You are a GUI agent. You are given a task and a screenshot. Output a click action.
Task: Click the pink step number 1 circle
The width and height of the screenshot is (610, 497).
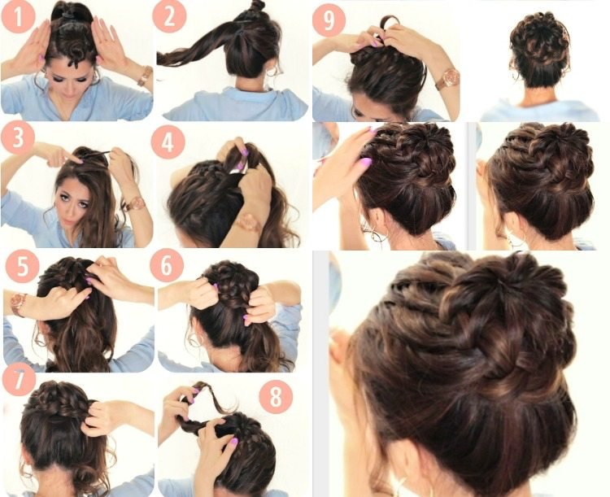(x=18, y=17)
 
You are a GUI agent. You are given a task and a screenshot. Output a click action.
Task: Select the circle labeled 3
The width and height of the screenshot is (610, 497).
(x=18, y=138)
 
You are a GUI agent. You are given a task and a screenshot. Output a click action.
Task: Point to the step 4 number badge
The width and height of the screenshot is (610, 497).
(x=168, y=142)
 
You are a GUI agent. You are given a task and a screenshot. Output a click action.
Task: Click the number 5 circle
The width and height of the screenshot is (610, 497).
(x=23, y=267)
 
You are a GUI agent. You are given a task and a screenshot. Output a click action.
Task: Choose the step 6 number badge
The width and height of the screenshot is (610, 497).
(x=167, y=265)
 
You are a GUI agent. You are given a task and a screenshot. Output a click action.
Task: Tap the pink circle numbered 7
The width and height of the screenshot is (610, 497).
(x=19, y=380)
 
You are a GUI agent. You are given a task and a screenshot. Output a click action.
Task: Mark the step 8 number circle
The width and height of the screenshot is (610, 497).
(x=276, y=397)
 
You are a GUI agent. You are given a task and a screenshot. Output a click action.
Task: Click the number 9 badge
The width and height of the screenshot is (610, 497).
(x=329, y=20)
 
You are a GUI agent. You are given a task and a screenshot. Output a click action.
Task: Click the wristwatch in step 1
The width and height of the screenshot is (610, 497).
(x=145, y=76)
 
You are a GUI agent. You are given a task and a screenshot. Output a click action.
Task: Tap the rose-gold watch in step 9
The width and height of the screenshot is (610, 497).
(x=447, y=79)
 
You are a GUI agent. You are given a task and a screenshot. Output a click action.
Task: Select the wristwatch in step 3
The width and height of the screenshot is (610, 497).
(x=135, y=203)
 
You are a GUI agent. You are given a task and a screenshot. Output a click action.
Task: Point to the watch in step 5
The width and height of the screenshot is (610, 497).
(x=18, y=303)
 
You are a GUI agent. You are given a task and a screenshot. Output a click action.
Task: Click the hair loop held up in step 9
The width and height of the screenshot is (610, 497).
(x=389, y=25)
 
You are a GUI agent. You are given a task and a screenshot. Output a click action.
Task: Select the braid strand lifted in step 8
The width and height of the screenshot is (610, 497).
(x=206, y=401)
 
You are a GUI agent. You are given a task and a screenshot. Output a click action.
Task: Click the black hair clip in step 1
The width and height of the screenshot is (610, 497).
(x=69, y=15)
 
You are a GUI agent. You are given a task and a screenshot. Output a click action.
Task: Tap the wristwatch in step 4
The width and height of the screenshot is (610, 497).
(x=248, y=223)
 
